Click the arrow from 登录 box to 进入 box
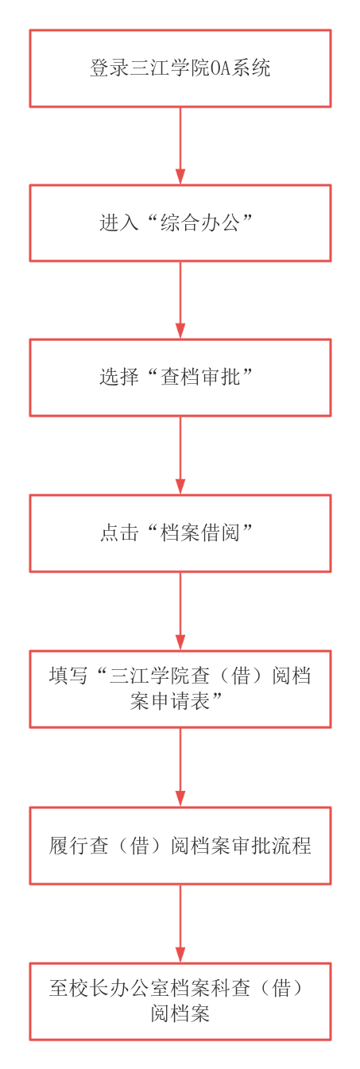[180, 145]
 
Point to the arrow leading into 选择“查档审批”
[180, 300]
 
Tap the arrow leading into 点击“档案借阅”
[180, 455]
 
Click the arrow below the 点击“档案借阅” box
[180, 611]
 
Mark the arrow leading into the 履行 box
[180, 768]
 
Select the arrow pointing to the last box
[180, 924]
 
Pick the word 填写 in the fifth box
[68, 676]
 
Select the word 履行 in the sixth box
[68, 845]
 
